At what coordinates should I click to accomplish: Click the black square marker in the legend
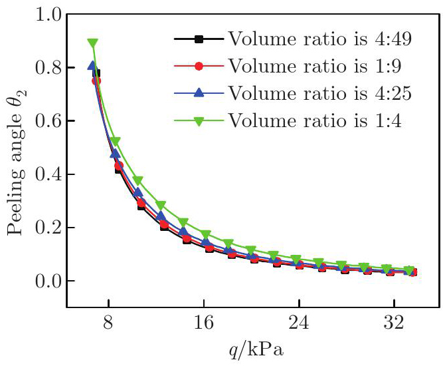[198, 39]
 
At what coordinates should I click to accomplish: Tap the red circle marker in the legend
[198, 66]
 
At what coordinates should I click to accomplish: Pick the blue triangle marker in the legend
[198, 92]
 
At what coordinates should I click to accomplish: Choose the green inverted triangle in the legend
[198, 120]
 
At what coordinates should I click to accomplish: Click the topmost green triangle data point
[93, 44]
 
